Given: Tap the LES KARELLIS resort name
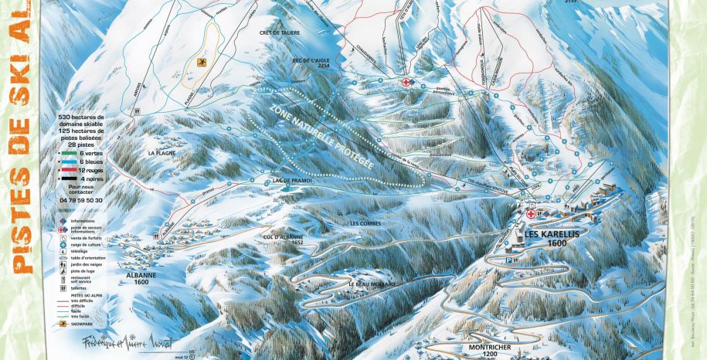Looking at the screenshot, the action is tap(546, 233).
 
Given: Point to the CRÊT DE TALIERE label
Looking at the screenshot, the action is tap(280, 32).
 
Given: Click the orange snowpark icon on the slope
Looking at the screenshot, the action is tap(202, 63).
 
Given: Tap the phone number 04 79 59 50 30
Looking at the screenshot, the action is tap(80, 199).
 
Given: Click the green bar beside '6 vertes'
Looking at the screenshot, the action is tap(67, 155).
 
